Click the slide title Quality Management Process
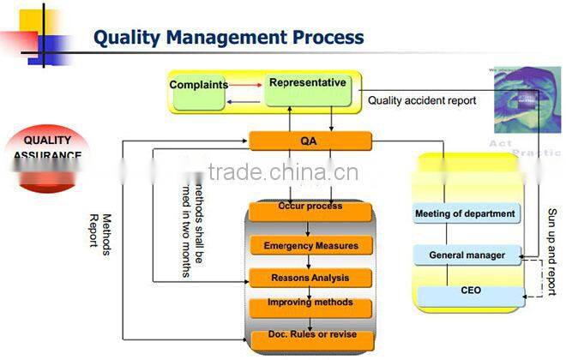pos(228,37)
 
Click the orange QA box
pos(310,141)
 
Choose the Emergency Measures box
pos(310,245)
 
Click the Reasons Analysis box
pos(310,278)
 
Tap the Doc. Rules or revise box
pos(310,335)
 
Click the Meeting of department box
pos(466,213)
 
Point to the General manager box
pos(466,255)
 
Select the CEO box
pos(470,291)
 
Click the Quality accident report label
pos(422,100)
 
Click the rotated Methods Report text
pos(100,230)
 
